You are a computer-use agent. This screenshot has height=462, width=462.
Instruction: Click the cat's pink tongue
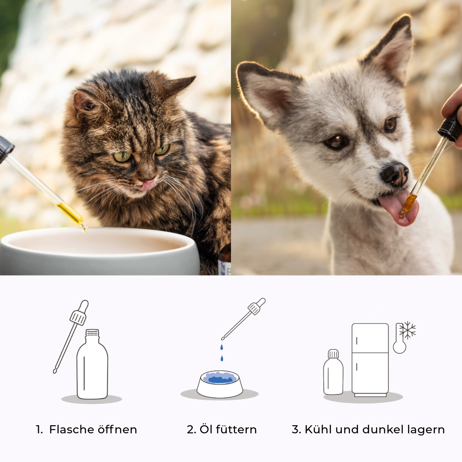click(x=148, y=185)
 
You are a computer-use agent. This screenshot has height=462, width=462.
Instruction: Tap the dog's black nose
click(x=395, y=174)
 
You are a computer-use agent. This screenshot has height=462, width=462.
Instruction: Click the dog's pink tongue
click(x=399, y=208)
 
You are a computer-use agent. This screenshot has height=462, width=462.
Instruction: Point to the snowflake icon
click(x=408, y=330)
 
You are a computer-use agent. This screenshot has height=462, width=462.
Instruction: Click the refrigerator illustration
click(x=370, y=360)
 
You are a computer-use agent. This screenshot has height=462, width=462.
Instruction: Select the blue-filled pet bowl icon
click(x=220, y=384)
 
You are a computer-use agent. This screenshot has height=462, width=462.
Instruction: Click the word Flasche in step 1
click(x=71, y=429)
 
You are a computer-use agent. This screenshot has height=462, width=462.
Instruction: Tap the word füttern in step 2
click(x=236, y=429)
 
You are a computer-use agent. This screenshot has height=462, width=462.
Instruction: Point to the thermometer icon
click(x=400, y=338)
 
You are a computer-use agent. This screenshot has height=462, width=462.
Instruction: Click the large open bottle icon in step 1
click(x=92, y=364)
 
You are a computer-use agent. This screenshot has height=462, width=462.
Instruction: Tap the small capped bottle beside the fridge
click(x=333, y=372)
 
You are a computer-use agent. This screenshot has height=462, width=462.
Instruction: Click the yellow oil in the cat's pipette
click(x=71, y=213)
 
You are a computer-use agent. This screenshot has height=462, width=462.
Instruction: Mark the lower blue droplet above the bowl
click(x=222, y=358)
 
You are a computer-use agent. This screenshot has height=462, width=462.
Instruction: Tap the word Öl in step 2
click(x=206, y=429)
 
